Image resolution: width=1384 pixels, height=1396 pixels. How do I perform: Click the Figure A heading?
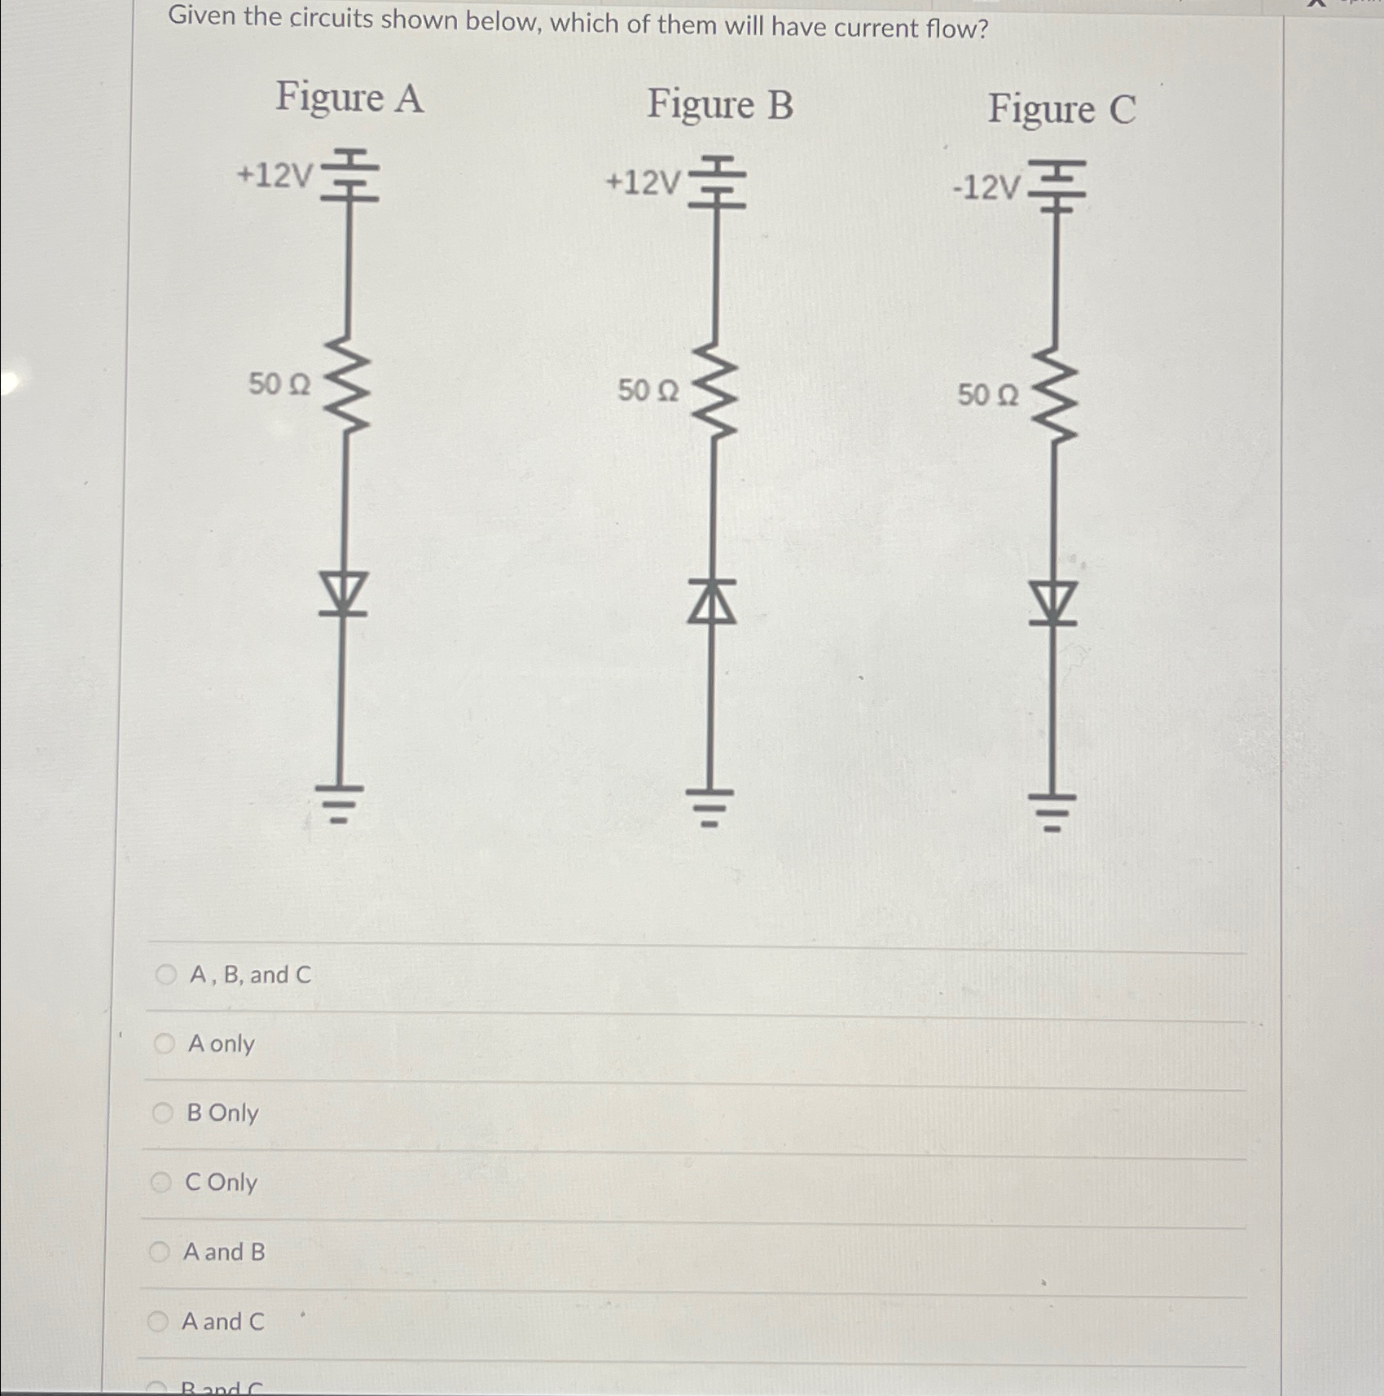[349, 98]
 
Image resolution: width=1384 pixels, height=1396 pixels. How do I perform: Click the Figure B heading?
[719, 105]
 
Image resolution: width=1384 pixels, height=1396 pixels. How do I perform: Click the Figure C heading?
[1061, 110]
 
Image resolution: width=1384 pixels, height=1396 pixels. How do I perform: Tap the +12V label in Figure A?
[275, 175]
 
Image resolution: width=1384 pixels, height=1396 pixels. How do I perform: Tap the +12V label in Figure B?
[643, 183]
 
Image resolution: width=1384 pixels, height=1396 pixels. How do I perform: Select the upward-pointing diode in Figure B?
[712, 602]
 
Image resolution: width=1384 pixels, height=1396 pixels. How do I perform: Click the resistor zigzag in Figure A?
[347, 382]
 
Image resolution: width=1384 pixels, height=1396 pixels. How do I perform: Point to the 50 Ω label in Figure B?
[648, 391]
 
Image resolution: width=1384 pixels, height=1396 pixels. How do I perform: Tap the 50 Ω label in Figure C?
[987, 396]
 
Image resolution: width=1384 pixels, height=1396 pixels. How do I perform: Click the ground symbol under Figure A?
[341, 802]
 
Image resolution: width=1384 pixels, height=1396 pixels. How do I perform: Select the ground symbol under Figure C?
[1052, 810]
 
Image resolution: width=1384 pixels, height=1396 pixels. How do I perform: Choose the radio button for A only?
[165, 1043]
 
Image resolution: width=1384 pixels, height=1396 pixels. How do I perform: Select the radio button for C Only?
[161, 1182]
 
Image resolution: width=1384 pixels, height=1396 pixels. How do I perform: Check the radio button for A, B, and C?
[166, 974]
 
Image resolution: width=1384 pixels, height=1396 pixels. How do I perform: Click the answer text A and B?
[224, 1252]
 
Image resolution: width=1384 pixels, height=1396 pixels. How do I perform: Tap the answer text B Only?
[222, 1113]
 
